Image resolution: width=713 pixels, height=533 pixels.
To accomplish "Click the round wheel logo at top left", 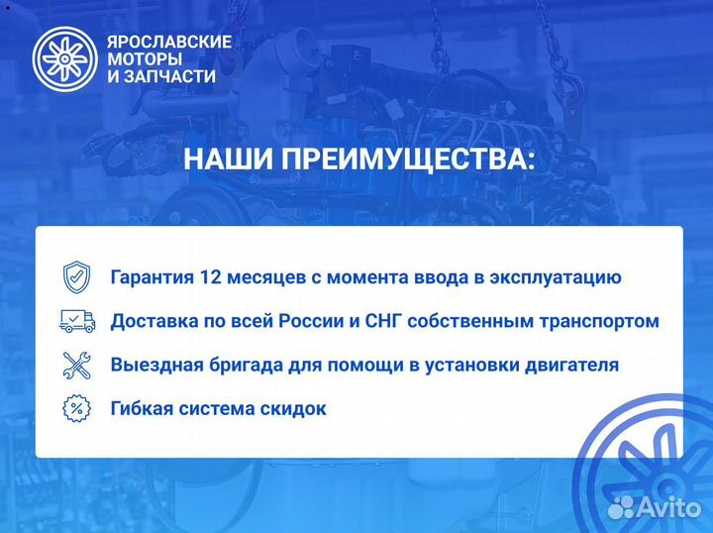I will [x=64, y=58].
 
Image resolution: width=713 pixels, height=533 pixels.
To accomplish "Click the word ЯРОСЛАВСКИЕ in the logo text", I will [x=168, y=42].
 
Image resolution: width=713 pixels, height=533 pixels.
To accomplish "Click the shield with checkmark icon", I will [x=76, y=276].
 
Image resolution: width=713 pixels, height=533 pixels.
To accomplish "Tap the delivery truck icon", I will [x=77, y=320].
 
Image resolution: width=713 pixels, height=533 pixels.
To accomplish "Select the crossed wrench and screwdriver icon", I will [x=76, y=365].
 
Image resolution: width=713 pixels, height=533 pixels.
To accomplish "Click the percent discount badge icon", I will [x=76, y=407].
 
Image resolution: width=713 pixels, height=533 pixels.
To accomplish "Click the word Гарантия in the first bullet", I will [x=153, y=277].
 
